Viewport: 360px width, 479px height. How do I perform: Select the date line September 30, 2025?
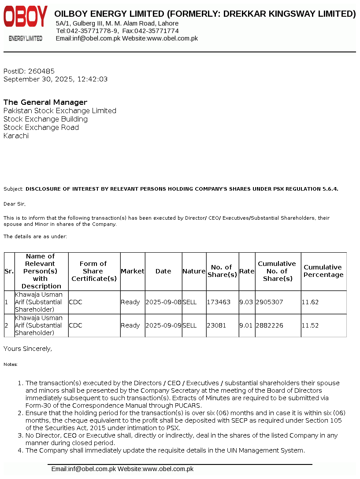(x=56, y=79)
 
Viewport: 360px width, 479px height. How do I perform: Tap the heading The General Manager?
(x=45, y=102)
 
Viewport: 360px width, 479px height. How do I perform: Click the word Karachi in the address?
(x=16, y=136)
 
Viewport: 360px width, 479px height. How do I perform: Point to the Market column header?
(x=132, y=271)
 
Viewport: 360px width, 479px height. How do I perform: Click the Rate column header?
(x=247, y=271)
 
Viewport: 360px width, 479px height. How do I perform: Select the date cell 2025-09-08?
(x=163, y=302)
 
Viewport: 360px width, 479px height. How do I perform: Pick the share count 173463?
(x=219, y=302)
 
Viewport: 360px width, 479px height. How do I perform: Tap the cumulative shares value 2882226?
(x=270, y=326)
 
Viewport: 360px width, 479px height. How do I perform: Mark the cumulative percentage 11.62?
(x=310, y=302)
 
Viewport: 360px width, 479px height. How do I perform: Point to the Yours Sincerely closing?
(x=28, y=349)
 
